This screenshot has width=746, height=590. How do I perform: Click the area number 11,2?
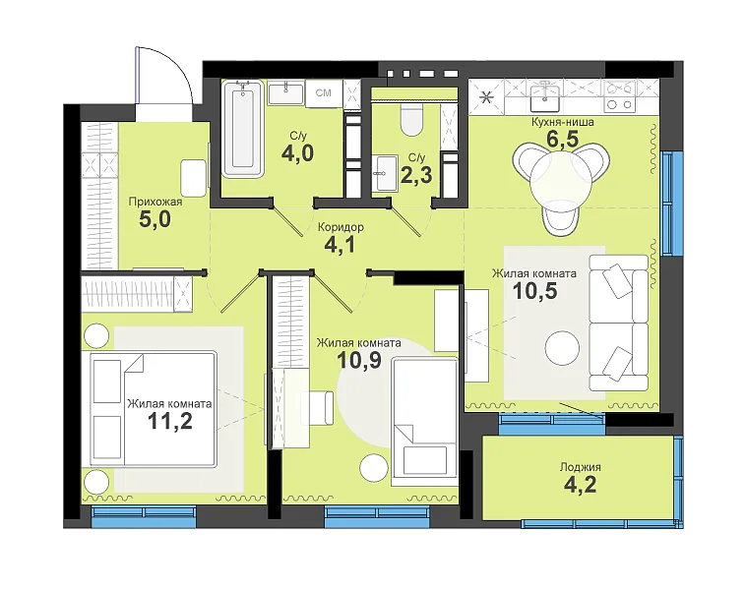point(170,421)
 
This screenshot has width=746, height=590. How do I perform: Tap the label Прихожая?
point(155,202)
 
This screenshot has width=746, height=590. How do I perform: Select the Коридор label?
point(341,227)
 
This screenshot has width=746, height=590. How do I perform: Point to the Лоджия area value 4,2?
point(580,485)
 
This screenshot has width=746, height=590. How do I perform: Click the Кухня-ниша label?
point(563,122)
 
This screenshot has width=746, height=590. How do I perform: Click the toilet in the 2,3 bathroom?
point(412,120)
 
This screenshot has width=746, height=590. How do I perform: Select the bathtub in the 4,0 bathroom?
point(243,130)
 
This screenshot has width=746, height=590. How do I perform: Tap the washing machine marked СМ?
point(324,92)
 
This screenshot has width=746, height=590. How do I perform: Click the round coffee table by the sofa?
point(562,347)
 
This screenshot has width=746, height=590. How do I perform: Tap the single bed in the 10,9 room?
point(424,422)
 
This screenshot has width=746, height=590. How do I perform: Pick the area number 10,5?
point(534,291)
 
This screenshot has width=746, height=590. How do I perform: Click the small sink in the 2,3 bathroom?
point(385,173)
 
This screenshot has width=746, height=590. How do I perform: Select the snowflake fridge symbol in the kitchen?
point(486,98)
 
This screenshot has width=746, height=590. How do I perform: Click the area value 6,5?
point(562,140)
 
